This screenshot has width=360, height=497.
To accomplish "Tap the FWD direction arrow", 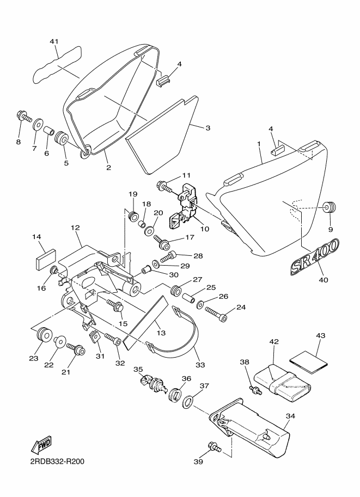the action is pyautogui.click(x=41, y=444).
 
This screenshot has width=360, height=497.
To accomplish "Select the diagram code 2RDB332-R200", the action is pyautogui.click(x=57, y=462).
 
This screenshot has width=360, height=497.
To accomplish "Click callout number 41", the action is pyautogui.click(x=54, y=41).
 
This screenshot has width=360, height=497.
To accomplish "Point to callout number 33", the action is pyautogui.click(x=200, y=365).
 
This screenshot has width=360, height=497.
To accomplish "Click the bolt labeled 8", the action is pyautogui.click(x=23, y=116).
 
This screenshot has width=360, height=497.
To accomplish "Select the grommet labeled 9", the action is pyautogui.click(x=330, y=207).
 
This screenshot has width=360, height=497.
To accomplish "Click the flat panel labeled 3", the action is pyautogui.click(x=163, y=136).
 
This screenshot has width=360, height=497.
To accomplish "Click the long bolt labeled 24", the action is pyautogui.click(x=216, y=314).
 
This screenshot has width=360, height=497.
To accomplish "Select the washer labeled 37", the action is pyautogui.click(x=188, y=402).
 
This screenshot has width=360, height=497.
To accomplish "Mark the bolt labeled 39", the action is pyautogui.click(x=215, y=447).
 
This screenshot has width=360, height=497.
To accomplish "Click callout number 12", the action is pyautogui.click(x=75, y=228).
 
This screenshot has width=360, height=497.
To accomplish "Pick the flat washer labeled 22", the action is pyautogui.click(x=60, y=341).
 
